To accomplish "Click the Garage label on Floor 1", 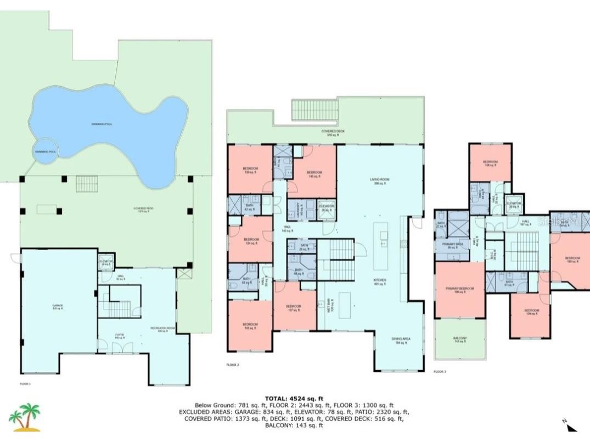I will pyautogui.click(x=58, y=307).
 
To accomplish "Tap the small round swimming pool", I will pyautogui.click(x=46, y=152).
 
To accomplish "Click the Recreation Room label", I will pyautogui.click(x=159, y=329).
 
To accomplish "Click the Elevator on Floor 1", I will pyautogui.click(x=106, y=263).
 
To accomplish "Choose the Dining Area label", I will pyautogui.click(x=401, y=341).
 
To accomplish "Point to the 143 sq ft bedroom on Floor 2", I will pyautogui.click(x=250, y=326).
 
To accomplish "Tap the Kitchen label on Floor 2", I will pyautogui.click(x=380, y=281).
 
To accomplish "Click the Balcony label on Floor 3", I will pyautogui.click(x=460, y=339).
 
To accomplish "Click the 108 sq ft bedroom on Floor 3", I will pyautogui.click(x=490, y=163).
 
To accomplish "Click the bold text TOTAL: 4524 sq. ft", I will pyautogui.click(x=294, y=399).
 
